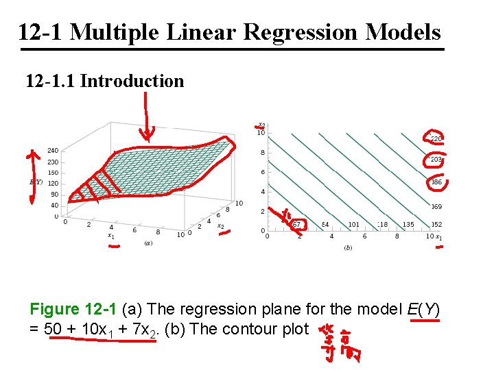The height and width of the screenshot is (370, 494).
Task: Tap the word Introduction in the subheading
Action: tap(132, 81)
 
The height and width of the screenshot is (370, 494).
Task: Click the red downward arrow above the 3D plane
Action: tap(146, 116)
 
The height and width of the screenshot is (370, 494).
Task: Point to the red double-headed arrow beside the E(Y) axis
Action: tap(31, 176)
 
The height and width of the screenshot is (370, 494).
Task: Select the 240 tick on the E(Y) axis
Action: tap(53, 151)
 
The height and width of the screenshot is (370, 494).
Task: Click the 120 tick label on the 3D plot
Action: tap(53, 184)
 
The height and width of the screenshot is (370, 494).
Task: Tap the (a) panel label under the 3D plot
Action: tap(148, 243)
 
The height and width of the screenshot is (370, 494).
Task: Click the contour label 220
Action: tap(436, 138)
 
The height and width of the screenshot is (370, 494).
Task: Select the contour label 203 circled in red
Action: tap(436, 160)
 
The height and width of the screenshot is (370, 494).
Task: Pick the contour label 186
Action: tap(436, 183)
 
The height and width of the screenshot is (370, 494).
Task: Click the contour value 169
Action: tap(436, 206)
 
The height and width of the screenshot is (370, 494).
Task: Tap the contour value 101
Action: tap(353, 224)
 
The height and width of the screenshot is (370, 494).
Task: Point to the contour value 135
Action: tap(408, 224)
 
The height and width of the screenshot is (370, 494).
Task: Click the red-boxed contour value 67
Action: tap(296, 224)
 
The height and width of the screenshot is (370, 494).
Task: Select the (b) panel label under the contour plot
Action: tap(349, 247)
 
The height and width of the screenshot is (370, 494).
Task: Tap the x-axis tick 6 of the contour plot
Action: tap(364, 236)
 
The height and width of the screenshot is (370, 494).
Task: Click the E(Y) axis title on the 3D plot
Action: tap(36, 182)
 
